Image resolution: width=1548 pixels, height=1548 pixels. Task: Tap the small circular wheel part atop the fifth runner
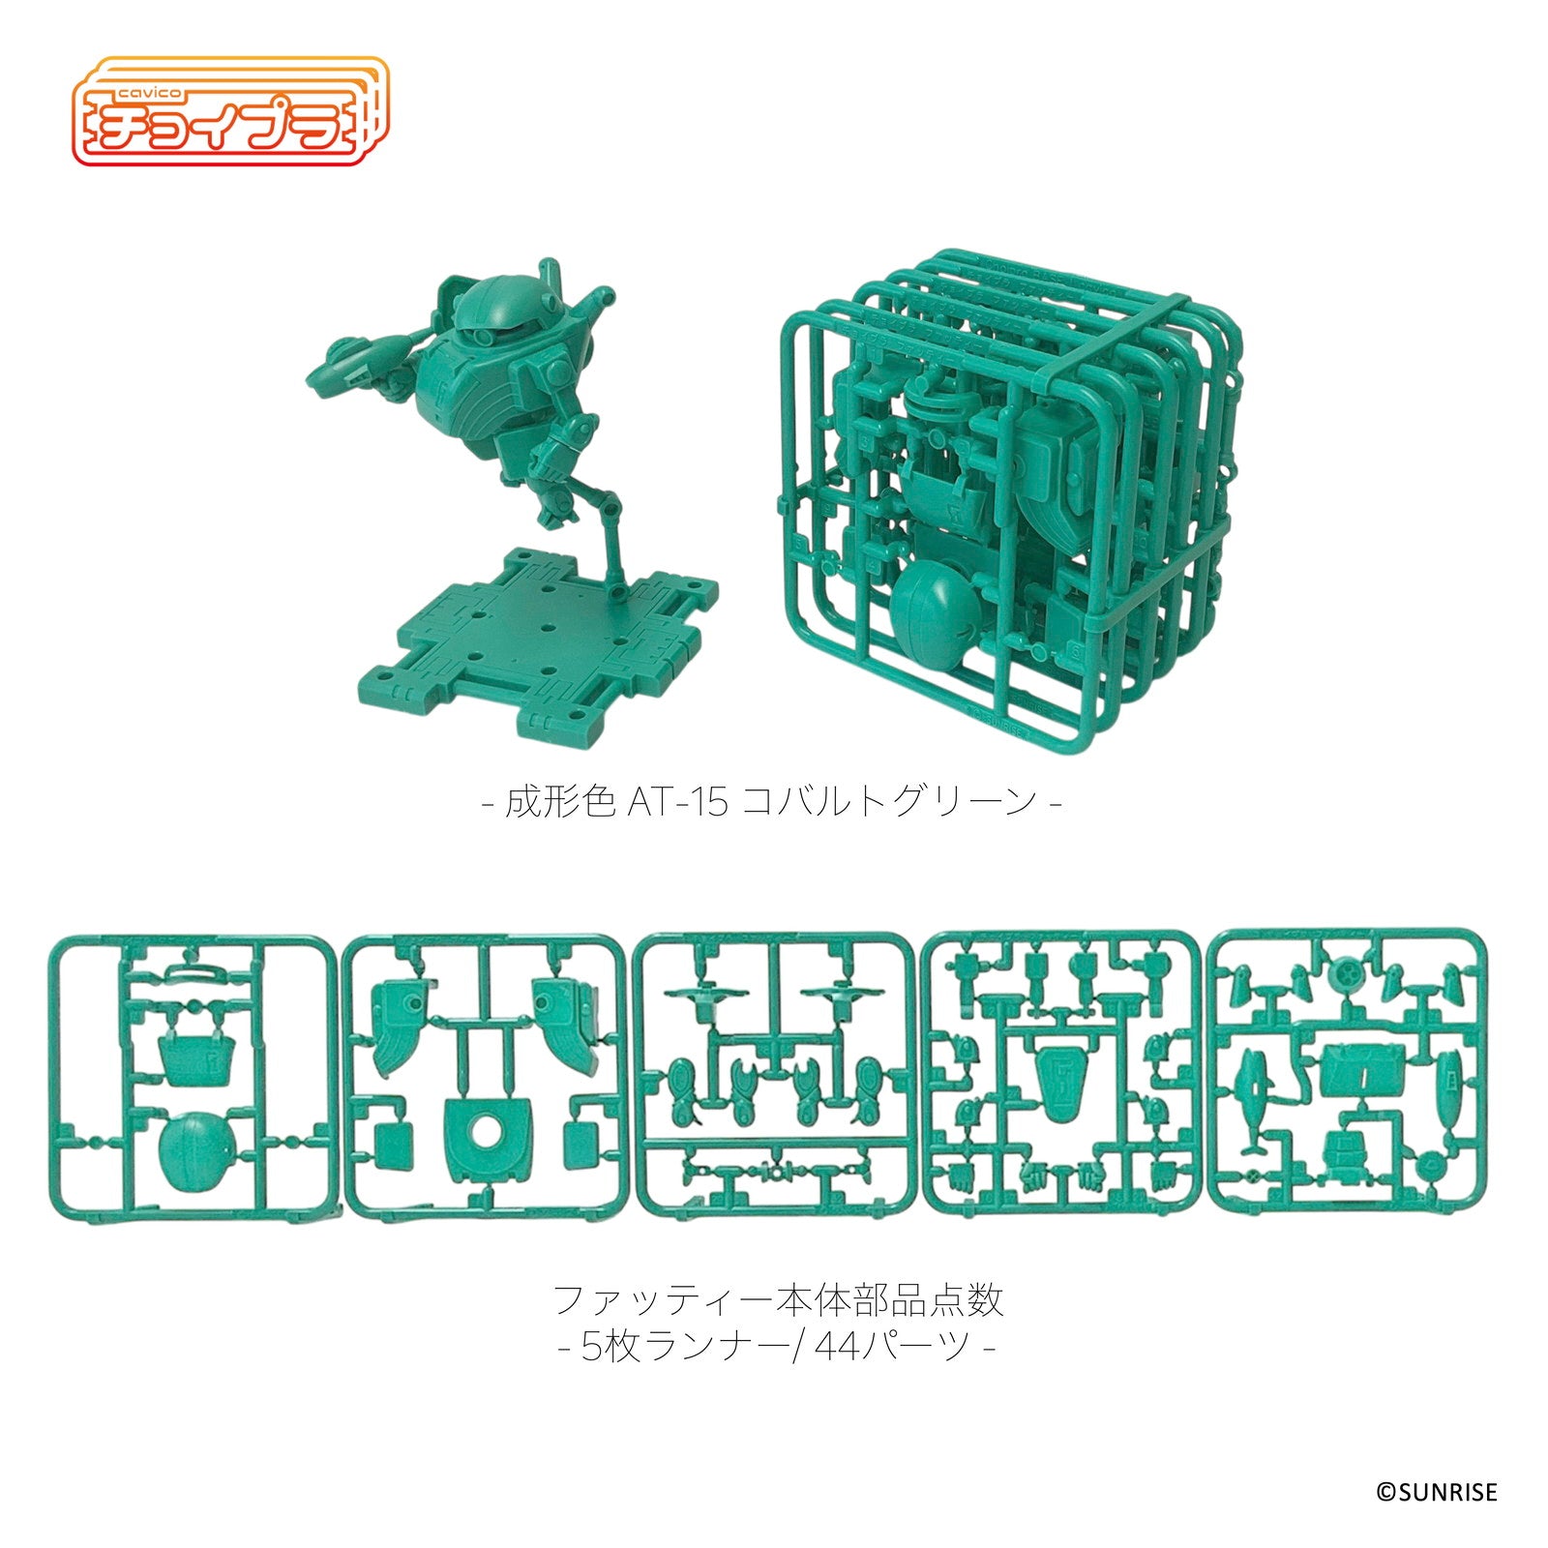pyautogui.click(x=1346, y=968)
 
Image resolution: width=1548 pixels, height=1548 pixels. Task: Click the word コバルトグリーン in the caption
pyautogui.click(x=888, y=803)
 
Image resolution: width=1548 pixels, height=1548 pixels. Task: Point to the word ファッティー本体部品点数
pyautogui.click(x=778, y=1300)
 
